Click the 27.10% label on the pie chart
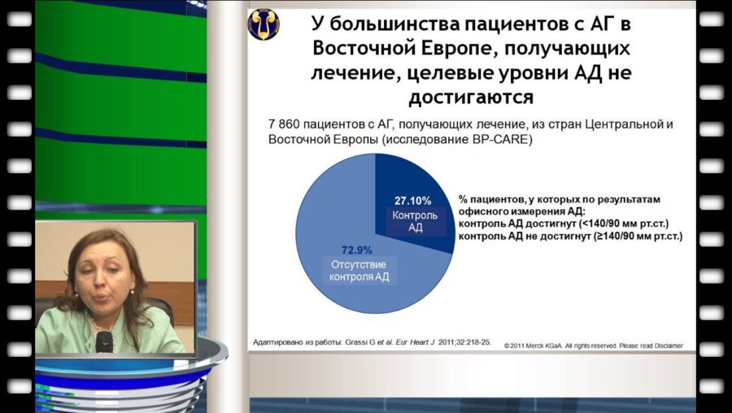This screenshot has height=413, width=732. coord(413,200)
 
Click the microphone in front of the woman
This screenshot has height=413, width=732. coord(104,341)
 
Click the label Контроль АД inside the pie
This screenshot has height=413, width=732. coord(414,221)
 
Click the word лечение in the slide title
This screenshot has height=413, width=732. coord(354,72)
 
